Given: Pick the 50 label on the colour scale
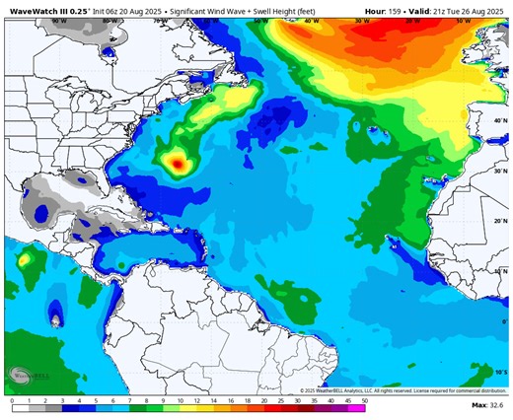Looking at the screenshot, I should pyautogui.click(x=365, y=402).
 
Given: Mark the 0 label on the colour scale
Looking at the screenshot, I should pyautogui.click(x=12, y=402).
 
